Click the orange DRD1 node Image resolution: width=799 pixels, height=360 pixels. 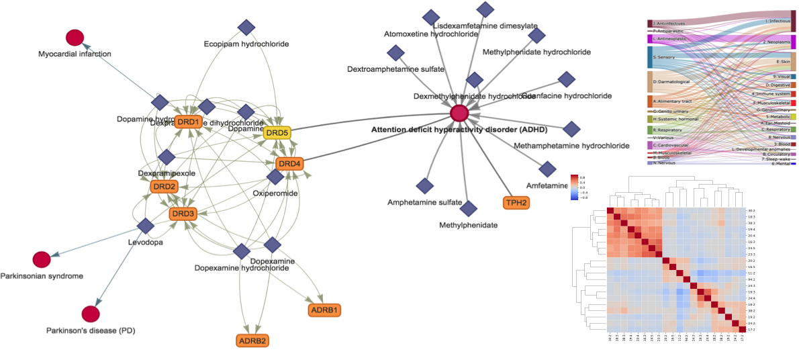click(188, 122)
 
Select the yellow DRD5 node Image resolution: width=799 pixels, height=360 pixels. click(277, 133)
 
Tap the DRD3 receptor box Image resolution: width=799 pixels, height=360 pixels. click(183, 214)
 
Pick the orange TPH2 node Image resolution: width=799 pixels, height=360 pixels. click(516, 201)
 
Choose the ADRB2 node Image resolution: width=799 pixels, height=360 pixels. click(252, 341)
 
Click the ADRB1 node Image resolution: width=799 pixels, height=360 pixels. click(324, 310)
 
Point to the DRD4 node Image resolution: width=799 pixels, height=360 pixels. click(290, 163)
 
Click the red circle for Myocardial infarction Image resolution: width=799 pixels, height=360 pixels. click(75, 38)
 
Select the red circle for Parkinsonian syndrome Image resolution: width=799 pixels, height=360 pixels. click(42, 259)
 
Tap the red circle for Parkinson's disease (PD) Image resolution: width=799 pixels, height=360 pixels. click(91, 314)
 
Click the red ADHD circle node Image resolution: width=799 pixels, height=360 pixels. click(459, 114)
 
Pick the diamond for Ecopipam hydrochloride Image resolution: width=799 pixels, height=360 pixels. click(246, 28)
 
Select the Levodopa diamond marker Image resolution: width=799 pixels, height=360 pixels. click(145, 227)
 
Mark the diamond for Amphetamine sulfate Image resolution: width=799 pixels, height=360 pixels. click(424, 185)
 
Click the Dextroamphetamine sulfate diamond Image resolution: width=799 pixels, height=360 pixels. click(396, 53)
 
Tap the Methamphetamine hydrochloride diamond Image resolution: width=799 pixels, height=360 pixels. click(571, 129)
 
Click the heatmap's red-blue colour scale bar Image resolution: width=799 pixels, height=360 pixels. click(574, 187)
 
